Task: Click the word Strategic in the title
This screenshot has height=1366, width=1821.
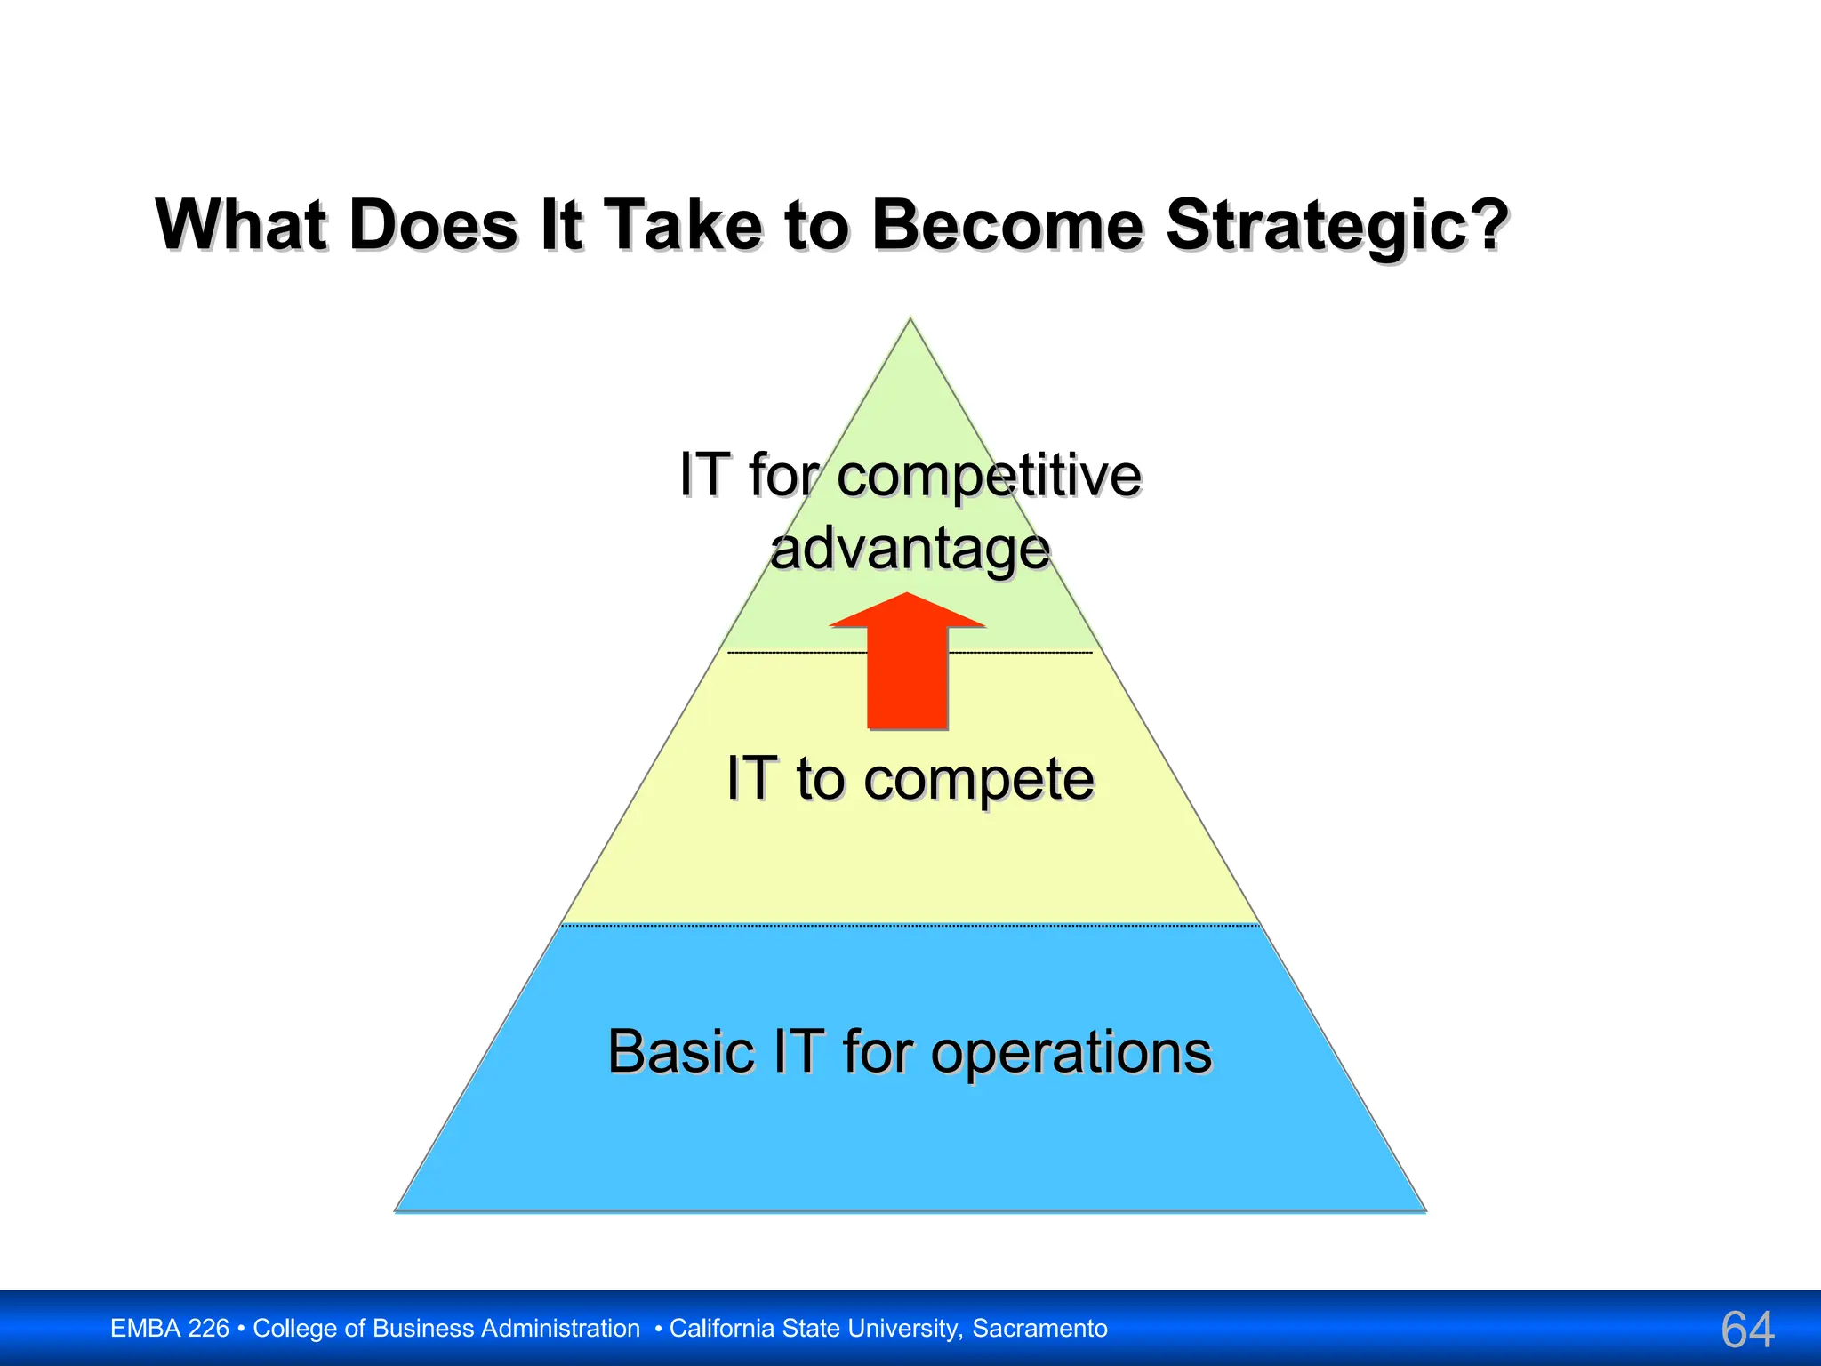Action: pyautogui.click(x=1336, y=226)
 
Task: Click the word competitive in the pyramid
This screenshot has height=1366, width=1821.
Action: pyautogui.click(x=989, y=476)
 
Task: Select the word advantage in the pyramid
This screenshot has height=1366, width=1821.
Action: pyautogui.click(x=910, y=550)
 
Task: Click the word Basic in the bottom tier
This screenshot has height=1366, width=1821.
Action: pyautogui.click(x=681, y=1052)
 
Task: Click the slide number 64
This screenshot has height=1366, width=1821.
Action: pyautogui.click(x=1747, y=1330)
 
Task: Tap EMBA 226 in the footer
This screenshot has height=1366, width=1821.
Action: pyautogui.click(x=170, y=1329)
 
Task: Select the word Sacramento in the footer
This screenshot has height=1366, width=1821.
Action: pyautogui.click(x=1039, y=1329)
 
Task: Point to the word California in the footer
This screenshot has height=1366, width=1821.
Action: pyautogui.click(x=722, y=1329)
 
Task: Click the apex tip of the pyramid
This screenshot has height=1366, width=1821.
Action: pyautogui.click(x=910, y=320)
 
